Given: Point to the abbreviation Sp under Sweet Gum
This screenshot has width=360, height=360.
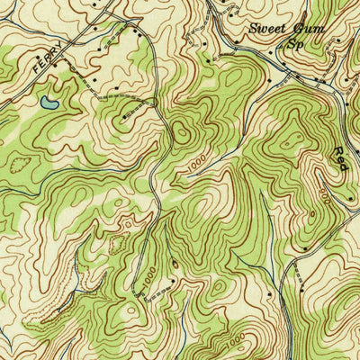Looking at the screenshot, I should pyautogui.click(x=294, y=42).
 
